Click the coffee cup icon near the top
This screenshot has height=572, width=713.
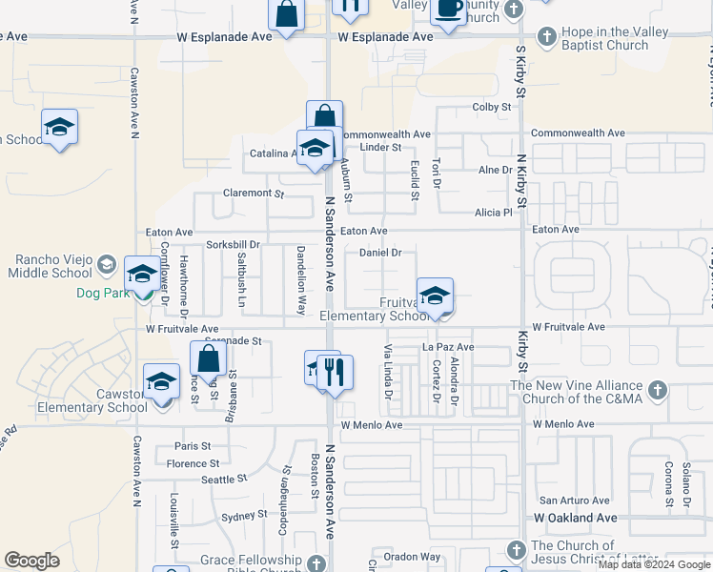pos(447,10)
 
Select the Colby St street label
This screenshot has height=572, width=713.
pos(492,108)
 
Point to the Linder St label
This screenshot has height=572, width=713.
pos(380,147)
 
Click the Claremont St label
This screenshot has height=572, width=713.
pos(254,194)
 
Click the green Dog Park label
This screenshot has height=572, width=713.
pos(103,294)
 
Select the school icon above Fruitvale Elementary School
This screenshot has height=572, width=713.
pos(434,296)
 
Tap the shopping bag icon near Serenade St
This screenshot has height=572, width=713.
pos(208,360)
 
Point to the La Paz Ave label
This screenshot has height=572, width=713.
pos(448,347)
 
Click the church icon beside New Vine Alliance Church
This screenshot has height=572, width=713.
pos(657,391)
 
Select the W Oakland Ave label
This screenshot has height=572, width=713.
pos(575,518)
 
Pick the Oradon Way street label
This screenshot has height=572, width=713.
pos(412,557)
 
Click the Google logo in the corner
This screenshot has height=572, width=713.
pos(31,561)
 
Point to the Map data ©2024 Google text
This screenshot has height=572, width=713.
pos(653,564)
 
